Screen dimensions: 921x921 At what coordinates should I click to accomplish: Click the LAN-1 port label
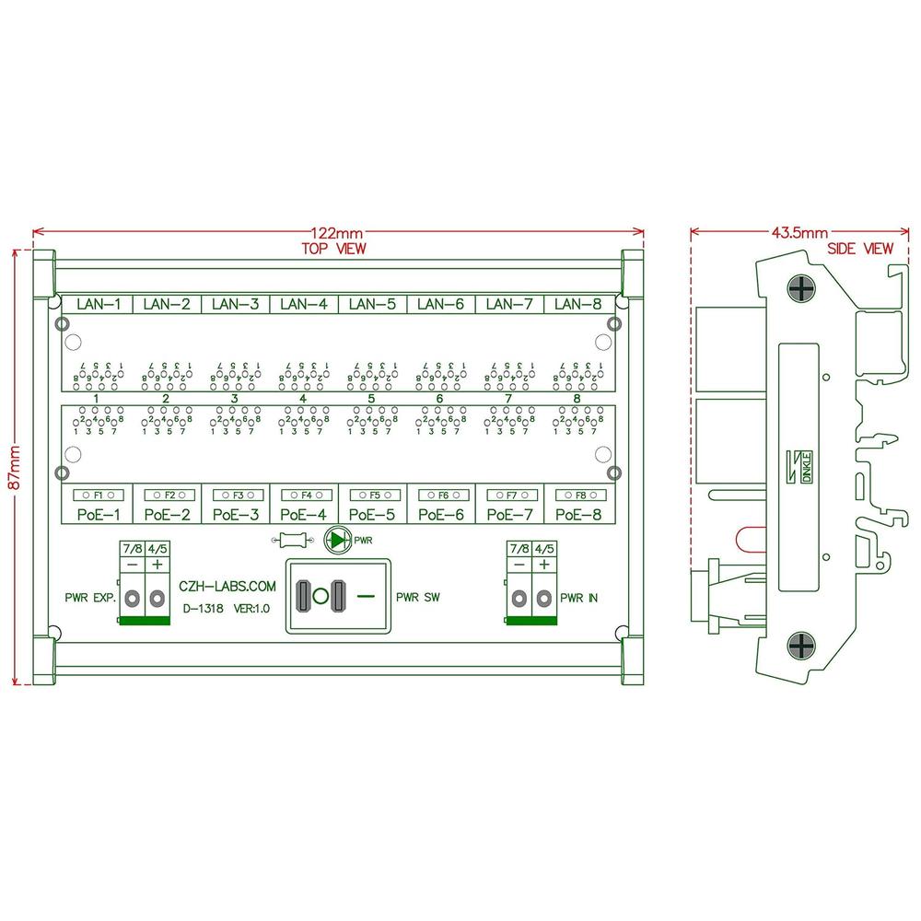point(98,303)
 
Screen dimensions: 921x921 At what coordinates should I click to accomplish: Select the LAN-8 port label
point(578,303)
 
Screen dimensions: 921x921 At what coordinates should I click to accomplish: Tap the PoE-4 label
point(304,515)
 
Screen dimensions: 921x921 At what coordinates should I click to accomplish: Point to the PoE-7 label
point(509,515)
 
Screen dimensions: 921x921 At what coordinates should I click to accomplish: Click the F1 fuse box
point(98,495)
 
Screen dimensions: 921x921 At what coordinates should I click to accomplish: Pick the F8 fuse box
point(578,495)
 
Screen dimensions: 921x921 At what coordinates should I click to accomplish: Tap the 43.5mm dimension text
point(799,234)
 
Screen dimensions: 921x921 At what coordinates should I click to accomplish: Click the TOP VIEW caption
point(333,249)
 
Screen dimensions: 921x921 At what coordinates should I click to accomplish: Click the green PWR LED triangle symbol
point(340,539)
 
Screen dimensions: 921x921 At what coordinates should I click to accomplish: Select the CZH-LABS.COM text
point(226,586)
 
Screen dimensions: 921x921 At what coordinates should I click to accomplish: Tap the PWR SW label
point(417,598)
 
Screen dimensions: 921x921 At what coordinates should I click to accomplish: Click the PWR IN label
point(579,598)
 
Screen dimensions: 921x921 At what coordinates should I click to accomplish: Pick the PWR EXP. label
point(90,598)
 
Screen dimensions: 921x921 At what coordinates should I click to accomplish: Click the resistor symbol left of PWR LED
point(292,540)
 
